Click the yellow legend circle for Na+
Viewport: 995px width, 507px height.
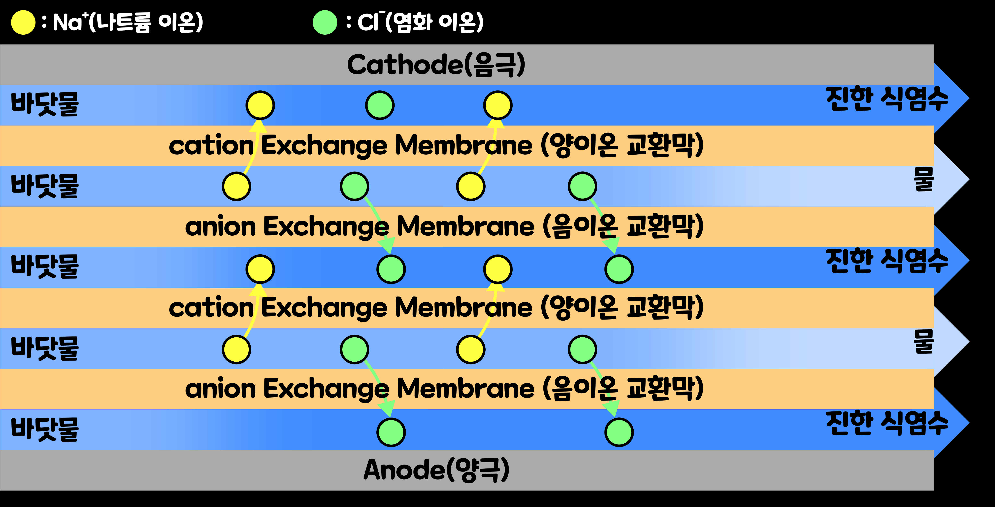pyautogui.click(x=23, y=22)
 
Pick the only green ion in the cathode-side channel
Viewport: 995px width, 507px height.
pyautogui.click(x=380, y=105)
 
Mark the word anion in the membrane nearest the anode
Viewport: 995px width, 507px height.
pyautogui.click(x=220, y=389)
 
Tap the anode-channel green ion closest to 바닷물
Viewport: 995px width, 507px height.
pyautogui.click(x=391, y=432)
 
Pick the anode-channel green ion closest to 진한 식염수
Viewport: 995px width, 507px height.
pyautogui.click(x=619, y=432)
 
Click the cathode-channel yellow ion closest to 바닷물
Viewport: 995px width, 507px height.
pyautogui.click(x=260, y=105)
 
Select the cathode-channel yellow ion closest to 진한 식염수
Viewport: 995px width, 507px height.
pyautogui.click(x=497, y=105)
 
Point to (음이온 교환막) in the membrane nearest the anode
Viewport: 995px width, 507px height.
pyautogui.click(x=623, y=389)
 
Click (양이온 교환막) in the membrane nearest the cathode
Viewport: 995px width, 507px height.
pyautogui.click(x=622, y=146)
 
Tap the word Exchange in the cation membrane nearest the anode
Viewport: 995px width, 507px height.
pyautogui.click(x=324, y=308)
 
